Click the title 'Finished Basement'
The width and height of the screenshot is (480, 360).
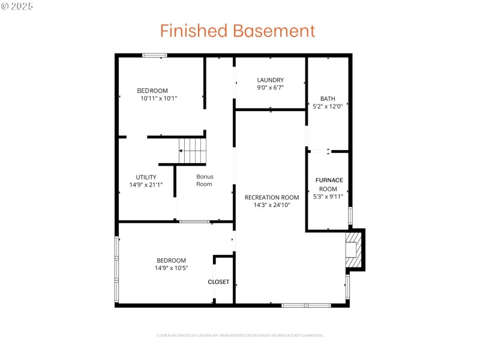[x=237, y=31]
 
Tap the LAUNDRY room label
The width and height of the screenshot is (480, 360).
[x=270, y=80]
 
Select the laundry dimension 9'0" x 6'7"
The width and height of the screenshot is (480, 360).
[x=270, y=88]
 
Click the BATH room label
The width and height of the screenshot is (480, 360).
[x=328, y=99]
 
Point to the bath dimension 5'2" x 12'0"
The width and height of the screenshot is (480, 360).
[x=328, y=107]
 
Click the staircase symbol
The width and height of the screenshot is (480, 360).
[x=193, y=150]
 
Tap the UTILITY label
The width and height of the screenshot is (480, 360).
[x=146, y=177]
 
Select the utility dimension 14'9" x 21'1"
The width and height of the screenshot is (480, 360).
[x=146, y=185]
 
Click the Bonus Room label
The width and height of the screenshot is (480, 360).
[x=205, y=180]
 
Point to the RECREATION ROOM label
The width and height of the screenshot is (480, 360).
[x=272, y=197]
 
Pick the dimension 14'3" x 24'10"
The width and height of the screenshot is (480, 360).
[x=272, y=205]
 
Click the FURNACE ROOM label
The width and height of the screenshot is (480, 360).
[x=329, y=184]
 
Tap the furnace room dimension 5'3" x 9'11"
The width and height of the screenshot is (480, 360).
[x=329, y=196]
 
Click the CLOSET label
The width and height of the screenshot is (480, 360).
[x=218, y=282]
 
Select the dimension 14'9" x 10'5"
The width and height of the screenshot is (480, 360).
[x=171, y=268]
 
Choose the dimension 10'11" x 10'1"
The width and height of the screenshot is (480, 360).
[x=159, y=98]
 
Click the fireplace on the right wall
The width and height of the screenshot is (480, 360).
[x=354, y=250]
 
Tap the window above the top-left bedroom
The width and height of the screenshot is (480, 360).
[x=154, y=55]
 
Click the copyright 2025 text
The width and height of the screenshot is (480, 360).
[x=18, y=5]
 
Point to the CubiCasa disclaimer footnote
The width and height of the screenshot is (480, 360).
[x=239, y=335]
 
